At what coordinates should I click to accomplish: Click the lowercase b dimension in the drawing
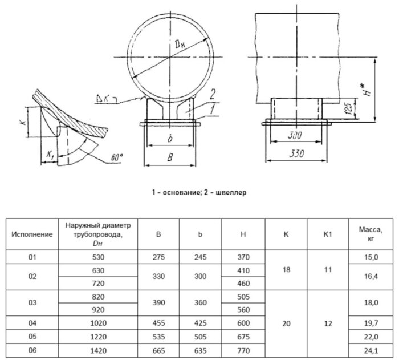pyautogui.click(x=170, y=138)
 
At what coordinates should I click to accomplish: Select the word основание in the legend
pyautogui.click(x=178, y=193)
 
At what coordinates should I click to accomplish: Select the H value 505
pyautogui.click(x=243, y=297)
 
